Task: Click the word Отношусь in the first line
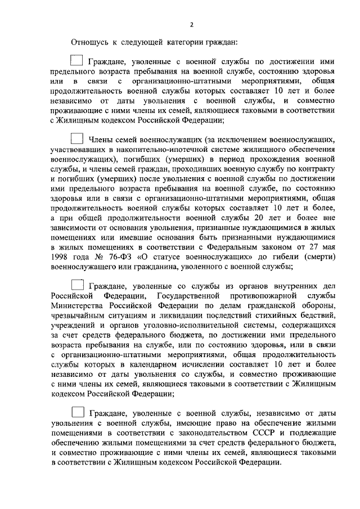pyautogui.click(x=88, y=42)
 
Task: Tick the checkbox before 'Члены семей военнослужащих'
pyautogui.click(x=76, y=138)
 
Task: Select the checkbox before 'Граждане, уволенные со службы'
pyautogui.click(x=78, y=285)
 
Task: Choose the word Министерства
pyautogui.click(x=76, y=307)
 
